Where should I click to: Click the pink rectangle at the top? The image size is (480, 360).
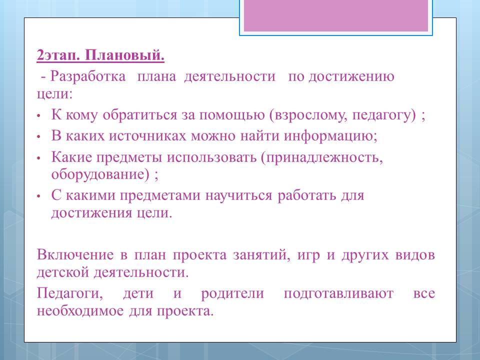pos(336,15)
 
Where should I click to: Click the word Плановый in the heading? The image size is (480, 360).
pos(125,55)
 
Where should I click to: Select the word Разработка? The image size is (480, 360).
pos(88,76)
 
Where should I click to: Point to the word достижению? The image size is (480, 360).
pos(351,76)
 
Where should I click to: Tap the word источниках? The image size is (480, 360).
pos(147,135)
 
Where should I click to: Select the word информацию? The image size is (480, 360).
pos(330,136)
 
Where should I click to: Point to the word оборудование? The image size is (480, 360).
pos(100,174)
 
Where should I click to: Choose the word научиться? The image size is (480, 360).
pos(238,196)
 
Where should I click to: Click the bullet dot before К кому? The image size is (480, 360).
pos(38,116)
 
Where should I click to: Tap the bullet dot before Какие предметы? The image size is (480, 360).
pos(38,158)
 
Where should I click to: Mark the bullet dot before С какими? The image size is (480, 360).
pos(38,196)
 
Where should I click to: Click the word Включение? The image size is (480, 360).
pos(75,254)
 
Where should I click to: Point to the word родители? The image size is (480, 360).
pos(232,293)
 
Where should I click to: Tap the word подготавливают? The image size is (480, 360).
pos(338,293)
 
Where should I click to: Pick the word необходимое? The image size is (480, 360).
pos(80,311)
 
